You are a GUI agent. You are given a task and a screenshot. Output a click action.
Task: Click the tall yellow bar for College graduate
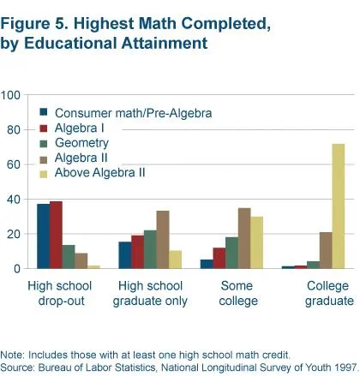click(x=339, y=206)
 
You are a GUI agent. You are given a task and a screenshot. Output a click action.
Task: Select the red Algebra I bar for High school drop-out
click(x=56, y=235)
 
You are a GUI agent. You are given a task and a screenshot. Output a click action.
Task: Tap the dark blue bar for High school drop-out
click(x=44, y=236)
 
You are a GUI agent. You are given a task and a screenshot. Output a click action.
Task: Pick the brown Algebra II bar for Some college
click(x=244, y=238)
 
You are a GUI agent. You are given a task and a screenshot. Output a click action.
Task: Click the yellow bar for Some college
click(x=257, y=242)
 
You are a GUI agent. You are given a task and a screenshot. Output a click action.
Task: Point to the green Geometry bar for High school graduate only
click(x=150, y=249)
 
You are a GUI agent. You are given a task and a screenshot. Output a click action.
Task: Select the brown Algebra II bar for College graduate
click(x=326, y=250)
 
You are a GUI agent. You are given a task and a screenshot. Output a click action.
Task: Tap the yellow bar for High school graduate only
click(x=175, y=260)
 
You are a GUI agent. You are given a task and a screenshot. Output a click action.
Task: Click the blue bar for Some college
click(x=207, y=264)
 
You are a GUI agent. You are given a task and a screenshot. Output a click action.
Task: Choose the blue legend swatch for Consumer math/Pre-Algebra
click(x=44, y=112)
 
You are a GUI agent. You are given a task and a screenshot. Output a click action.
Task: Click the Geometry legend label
click(x=81, y=143)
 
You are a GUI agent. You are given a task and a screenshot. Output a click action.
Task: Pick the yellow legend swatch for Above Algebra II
click(x=44, y=174)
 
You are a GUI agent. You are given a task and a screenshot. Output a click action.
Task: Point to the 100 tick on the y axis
click(x=10, y=95)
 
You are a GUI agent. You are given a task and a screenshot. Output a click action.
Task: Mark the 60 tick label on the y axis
click(x=14, y=164)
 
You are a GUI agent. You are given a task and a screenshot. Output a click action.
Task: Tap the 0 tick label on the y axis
click(x=17, y=269)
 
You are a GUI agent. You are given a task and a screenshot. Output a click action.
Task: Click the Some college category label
click(x=238, y=293)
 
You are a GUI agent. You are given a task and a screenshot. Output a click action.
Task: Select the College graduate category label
click(x=329, y=294)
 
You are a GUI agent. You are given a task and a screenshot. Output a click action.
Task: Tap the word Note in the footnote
click(x=13, y=355)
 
